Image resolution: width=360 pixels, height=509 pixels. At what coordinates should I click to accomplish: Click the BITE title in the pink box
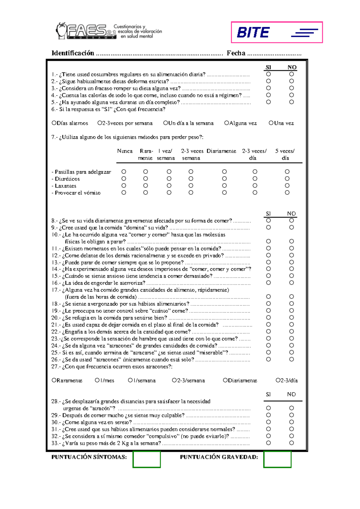point(253,32)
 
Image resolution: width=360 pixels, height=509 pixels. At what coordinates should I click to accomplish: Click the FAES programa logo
point(86,31)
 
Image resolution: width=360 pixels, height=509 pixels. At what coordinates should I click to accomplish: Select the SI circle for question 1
point(268,74)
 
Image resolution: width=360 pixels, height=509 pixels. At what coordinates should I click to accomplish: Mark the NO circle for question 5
point(291,102)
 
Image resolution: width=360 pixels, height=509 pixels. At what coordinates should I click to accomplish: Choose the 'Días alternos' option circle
point(54,123)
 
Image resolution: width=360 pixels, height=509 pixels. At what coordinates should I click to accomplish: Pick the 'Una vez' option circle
point(271,123)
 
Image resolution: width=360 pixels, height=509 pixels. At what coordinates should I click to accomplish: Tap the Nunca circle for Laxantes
point(124,186)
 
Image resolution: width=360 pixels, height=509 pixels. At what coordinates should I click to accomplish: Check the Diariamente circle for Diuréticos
point(224,179)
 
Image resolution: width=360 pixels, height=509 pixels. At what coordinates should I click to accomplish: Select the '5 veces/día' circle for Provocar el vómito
point(287,193)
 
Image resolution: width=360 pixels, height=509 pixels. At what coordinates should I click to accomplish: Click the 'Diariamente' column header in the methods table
point(221,151)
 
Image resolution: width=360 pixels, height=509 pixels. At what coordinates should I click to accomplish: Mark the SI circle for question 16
point(268,283)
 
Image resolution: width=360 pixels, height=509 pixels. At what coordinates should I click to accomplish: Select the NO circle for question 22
point(291,332)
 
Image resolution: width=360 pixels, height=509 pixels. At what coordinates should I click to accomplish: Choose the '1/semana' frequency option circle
point(130,380)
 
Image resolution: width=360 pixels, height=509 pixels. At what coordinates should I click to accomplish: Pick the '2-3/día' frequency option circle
point(278,380)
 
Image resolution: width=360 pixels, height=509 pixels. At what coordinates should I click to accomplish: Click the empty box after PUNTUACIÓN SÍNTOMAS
point(147,459)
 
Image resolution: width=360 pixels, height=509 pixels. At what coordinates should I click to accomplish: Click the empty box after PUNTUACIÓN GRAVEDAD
point(277,459)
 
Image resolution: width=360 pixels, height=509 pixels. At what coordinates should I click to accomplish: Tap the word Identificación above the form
point(73,53)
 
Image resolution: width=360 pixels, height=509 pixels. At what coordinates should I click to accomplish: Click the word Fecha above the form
point(236,53)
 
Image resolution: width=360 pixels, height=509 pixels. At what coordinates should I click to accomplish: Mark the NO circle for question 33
point(291,443)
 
